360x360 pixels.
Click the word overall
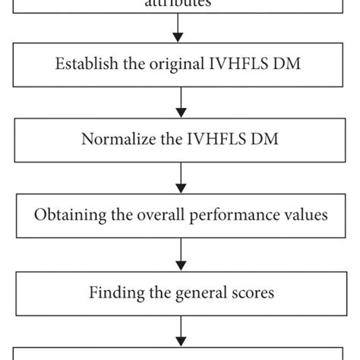[157, 215]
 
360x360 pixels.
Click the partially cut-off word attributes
[179, 3]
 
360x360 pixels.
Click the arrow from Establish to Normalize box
[179, 102]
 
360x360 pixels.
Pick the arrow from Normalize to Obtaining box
[179, 177]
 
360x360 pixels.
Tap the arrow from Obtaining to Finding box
[179, 253]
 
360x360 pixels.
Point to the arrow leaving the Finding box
[179, 329]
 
